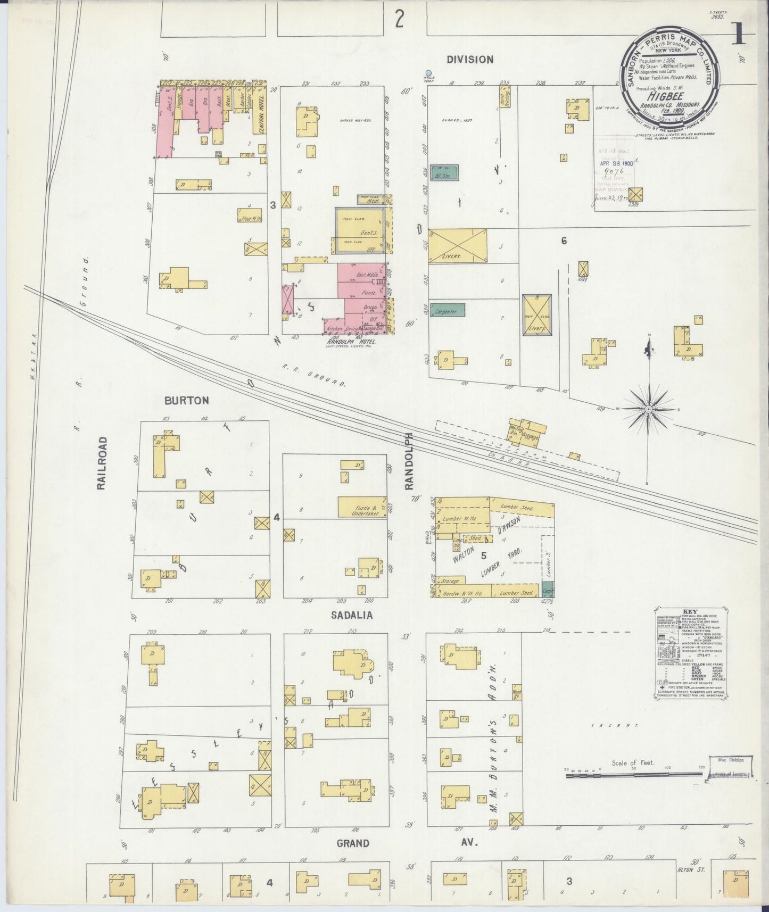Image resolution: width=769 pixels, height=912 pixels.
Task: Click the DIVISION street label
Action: (469, 60)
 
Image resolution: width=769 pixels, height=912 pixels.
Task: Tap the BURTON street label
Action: (186, 400)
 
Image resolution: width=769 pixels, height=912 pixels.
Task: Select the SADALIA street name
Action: (351, 615)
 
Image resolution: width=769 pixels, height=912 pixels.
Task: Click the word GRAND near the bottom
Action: (353, 843)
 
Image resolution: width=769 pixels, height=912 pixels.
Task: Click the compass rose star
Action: (649, 409)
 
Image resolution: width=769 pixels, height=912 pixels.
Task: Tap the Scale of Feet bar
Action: (633, 776)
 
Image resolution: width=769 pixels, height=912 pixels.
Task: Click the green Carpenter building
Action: (448, 310)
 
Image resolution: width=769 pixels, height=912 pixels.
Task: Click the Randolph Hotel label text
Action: (351, 342)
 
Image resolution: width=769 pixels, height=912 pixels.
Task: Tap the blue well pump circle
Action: (428, 73)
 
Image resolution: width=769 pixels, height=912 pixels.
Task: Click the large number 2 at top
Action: (399, 20)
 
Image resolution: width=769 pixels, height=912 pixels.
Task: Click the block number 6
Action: (563, 241)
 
